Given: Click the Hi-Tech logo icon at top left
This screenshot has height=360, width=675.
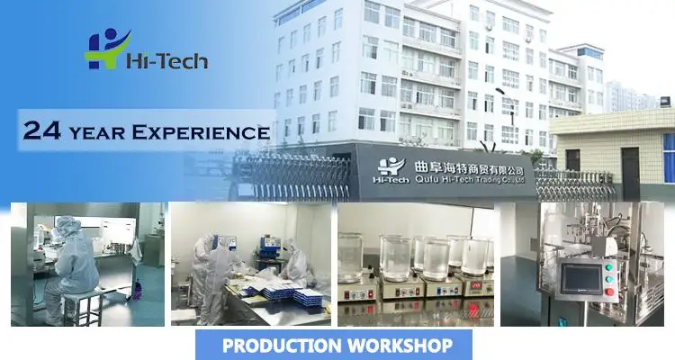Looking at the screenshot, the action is (108, 49).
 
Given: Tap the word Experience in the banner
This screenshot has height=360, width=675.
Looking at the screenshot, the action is (201, 131).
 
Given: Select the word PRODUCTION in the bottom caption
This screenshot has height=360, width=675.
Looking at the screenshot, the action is (282, 346).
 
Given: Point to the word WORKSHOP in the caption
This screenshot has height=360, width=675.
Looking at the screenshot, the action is (400, 346).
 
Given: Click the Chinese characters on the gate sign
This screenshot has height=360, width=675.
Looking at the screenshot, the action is (469, 167).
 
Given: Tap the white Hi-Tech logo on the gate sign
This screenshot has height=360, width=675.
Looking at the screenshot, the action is (391, 170).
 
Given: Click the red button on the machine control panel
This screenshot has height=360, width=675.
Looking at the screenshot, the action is (609, 292).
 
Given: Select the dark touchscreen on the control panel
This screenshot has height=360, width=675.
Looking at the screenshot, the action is (581, 279).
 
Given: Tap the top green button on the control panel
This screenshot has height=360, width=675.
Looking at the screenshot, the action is (609, 267).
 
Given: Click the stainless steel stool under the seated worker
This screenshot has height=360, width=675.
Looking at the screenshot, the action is (83, 306).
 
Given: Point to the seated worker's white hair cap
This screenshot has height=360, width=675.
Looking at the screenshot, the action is (67, 224).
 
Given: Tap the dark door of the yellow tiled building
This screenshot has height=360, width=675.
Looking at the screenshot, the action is (630, 173).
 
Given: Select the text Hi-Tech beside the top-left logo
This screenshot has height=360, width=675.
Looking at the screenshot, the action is (167, 60).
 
